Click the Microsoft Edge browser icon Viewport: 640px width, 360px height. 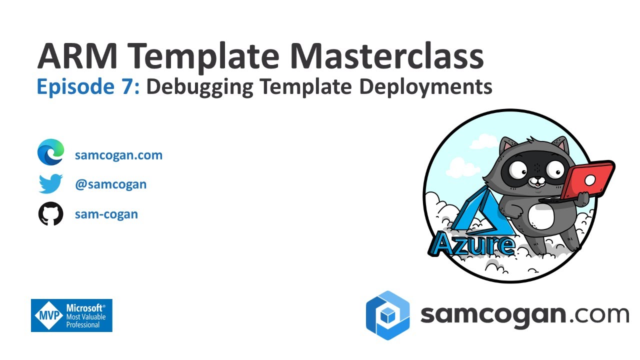click(51, 152)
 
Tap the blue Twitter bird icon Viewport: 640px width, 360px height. click(51, 184)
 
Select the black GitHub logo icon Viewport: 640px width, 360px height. click(51, 214)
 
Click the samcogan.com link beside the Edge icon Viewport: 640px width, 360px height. click(118, 155)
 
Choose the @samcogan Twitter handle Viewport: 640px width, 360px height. click(110, 184)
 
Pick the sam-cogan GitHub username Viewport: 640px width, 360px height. click(106, 214)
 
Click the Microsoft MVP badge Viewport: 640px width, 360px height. click(71, 315)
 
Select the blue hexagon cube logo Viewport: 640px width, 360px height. click(387, 315)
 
